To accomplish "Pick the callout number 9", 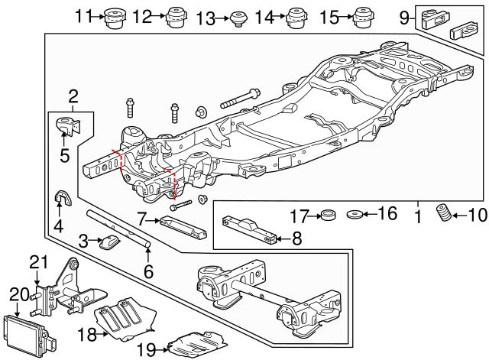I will tap(404, 17).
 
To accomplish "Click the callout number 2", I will tap(73, 96).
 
